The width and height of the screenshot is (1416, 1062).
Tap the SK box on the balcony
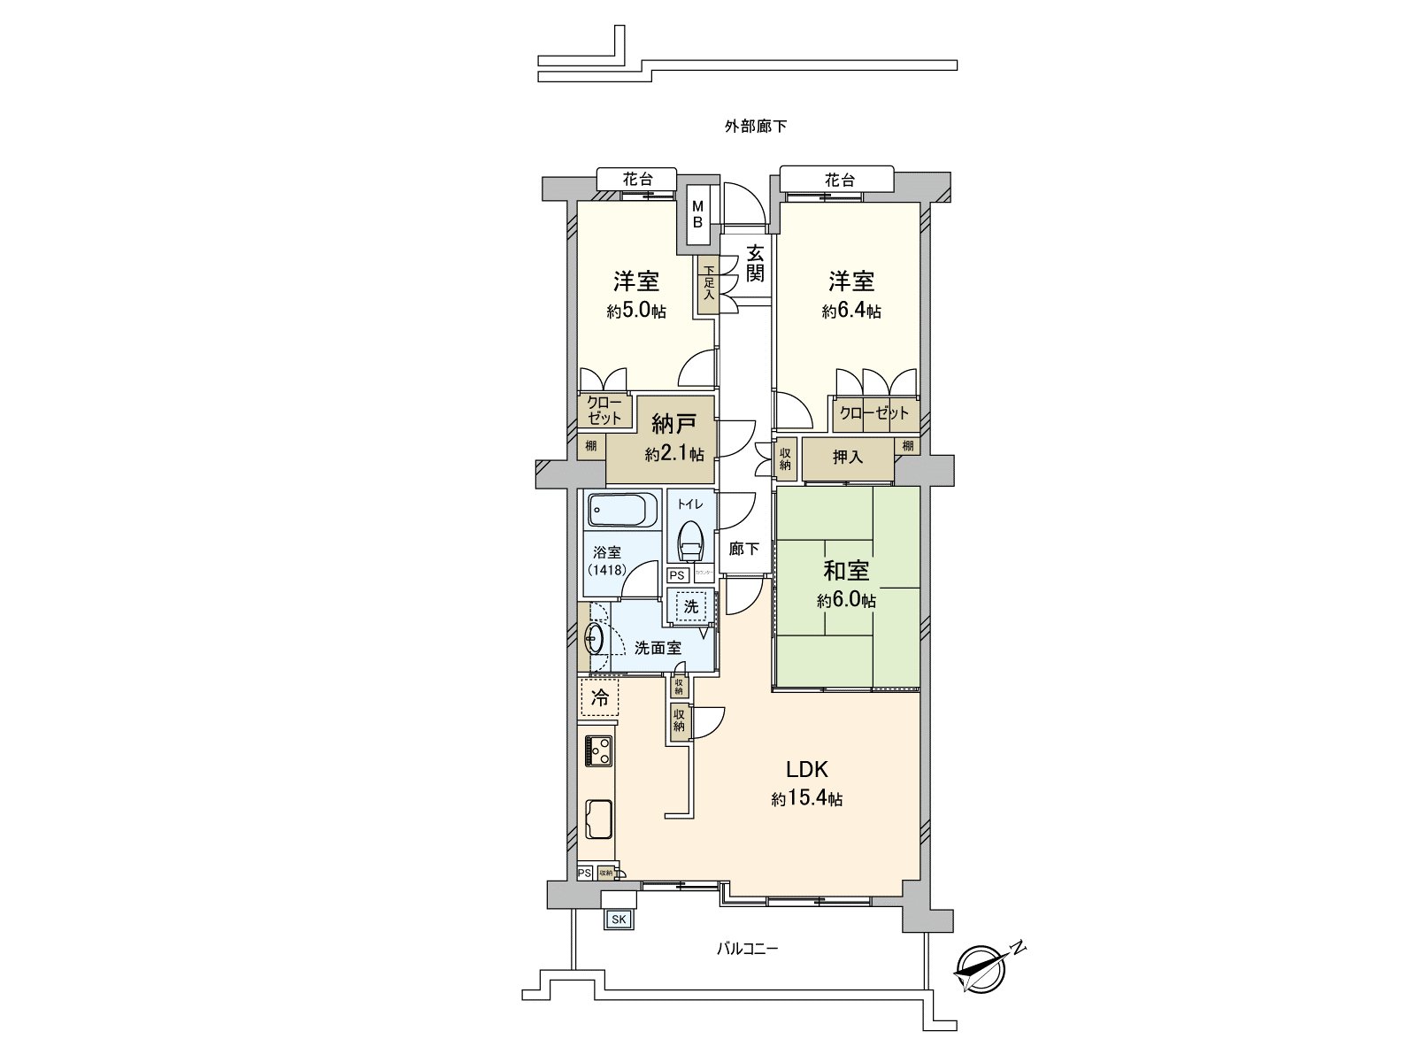618,920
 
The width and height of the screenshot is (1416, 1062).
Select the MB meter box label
697,215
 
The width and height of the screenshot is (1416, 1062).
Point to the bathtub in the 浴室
621,511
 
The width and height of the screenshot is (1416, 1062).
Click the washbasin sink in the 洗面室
594,637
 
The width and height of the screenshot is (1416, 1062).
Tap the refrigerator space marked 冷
600,697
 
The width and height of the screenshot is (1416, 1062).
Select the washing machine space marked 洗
691,607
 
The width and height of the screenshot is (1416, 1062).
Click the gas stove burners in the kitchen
599,751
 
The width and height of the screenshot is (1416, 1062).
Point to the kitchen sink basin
600,819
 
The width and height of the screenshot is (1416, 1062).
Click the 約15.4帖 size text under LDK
806,799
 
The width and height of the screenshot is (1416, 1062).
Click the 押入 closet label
847,458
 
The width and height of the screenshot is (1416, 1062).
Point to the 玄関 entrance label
754,263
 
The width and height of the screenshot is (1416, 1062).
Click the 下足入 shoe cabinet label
708,283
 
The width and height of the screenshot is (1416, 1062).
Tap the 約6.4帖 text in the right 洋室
850,312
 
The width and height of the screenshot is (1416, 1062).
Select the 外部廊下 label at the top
756,127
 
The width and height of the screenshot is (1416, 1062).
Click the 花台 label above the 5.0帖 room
636,179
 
